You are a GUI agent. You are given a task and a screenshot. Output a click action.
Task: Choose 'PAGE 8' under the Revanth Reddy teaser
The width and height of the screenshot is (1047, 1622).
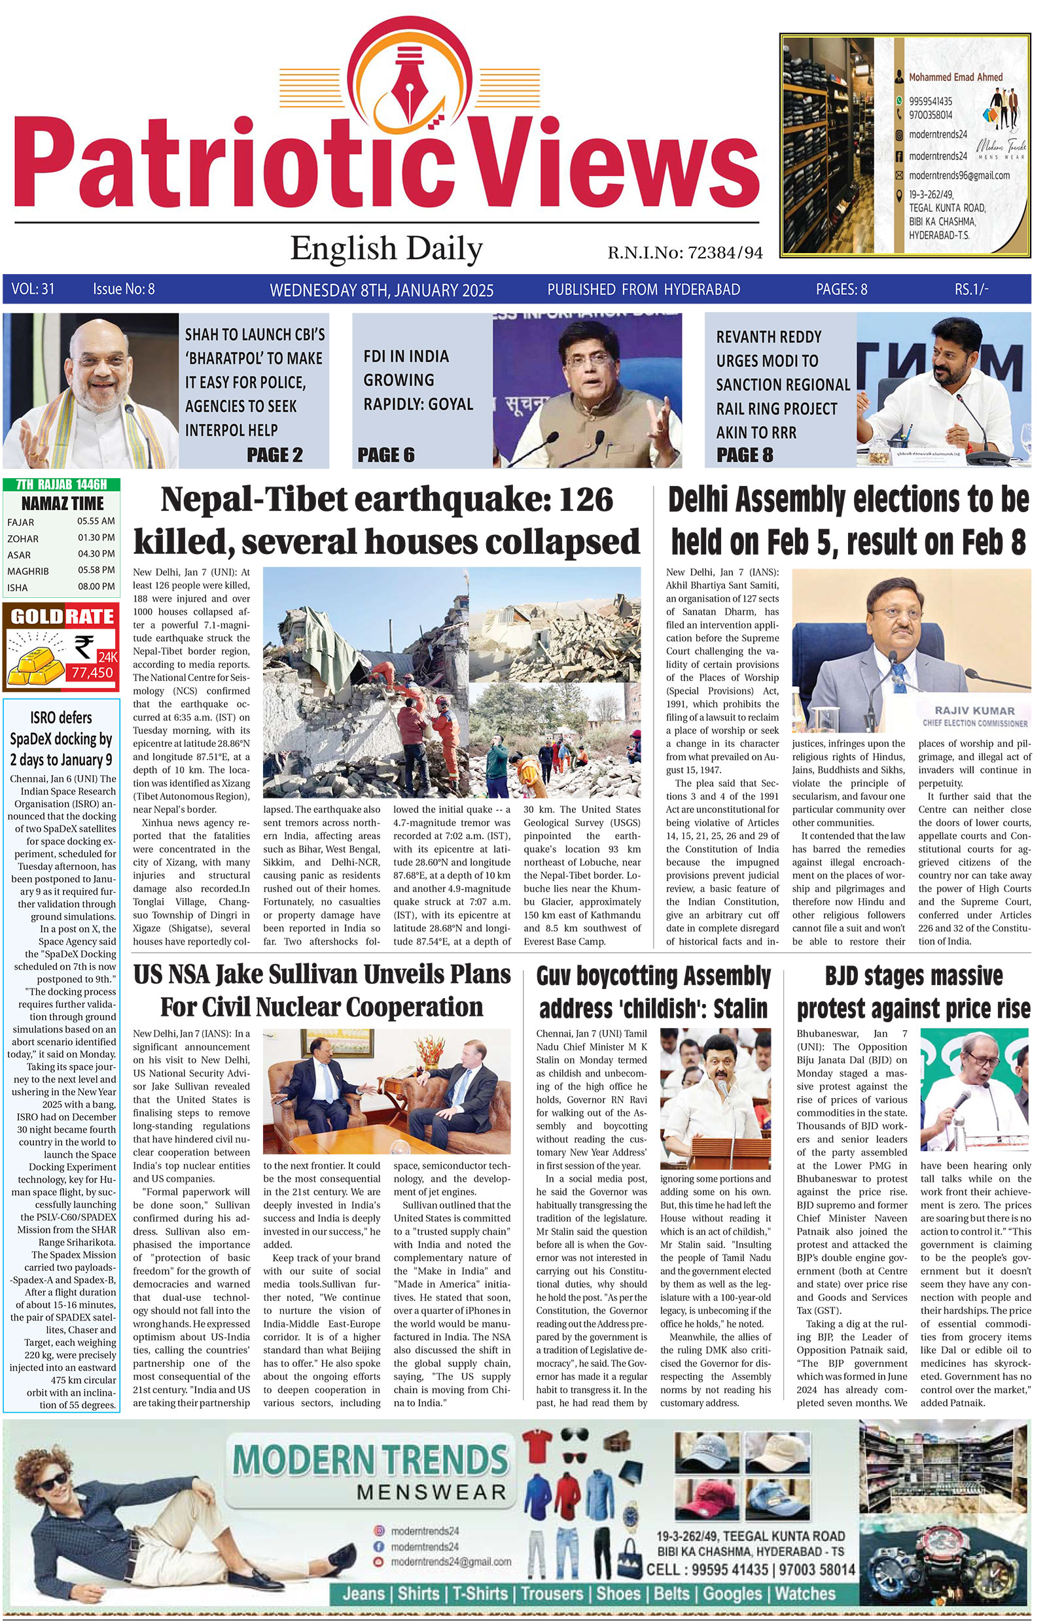click(745, 455)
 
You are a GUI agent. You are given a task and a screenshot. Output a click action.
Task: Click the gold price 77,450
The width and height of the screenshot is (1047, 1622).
click(93, 673)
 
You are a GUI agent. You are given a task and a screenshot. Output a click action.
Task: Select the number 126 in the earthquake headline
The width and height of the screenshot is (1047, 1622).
click(586, 501)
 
